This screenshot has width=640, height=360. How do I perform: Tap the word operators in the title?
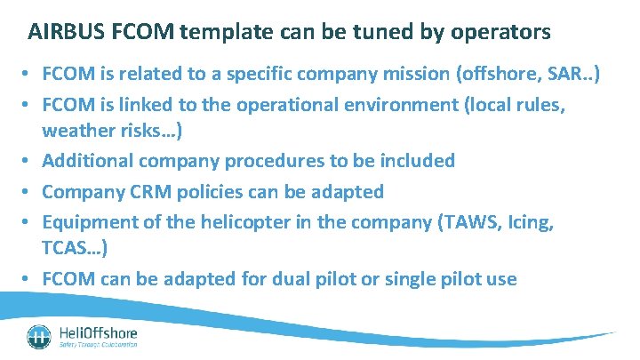coord(500,33)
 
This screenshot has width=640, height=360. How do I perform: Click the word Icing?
coord(531,221)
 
